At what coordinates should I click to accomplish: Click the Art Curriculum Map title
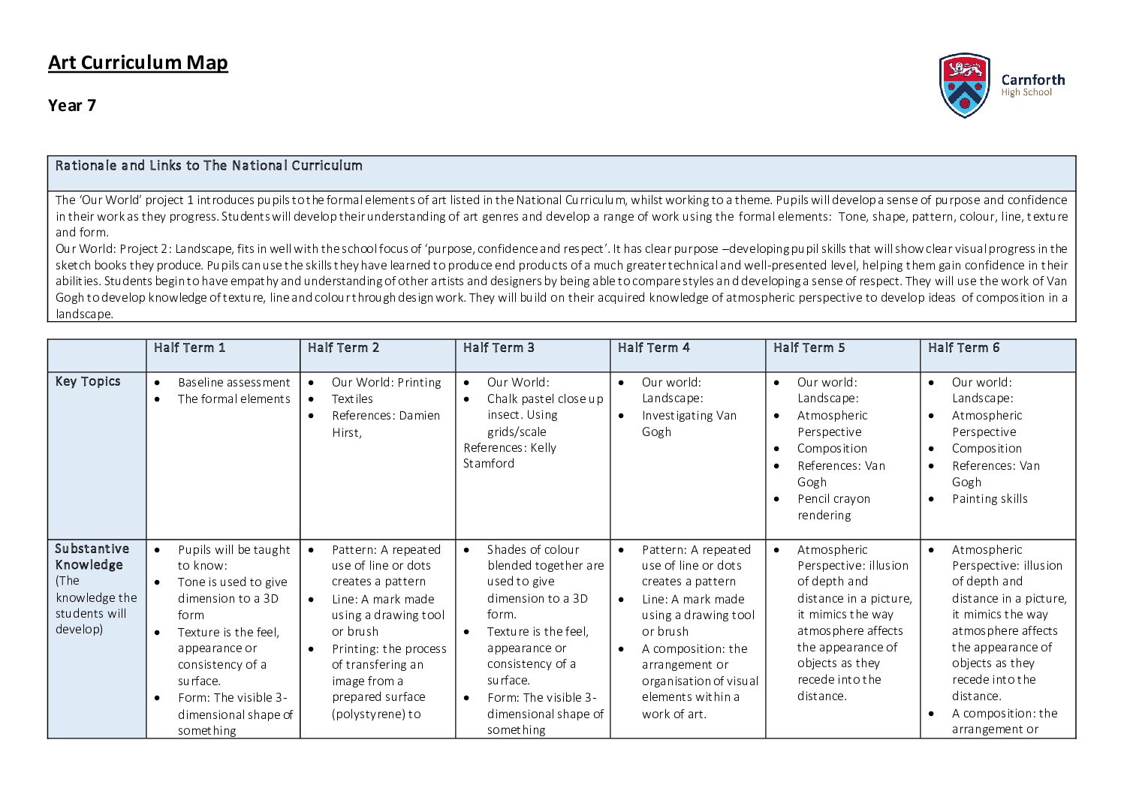137,62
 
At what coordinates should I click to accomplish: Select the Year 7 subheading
72,105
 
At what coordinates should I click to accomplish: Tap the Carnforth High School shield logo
964,85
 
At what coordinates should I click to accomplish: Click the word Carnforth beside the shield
1032,80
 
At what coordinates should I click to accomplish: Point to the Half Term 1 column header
189,347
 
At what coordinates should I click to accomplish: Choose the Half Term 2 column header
343,347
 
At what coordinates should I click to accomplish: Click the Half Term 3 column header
499,347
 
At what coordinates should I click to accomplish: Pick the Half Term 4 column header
653,347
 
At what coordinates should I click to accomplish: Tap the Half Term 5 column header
809,347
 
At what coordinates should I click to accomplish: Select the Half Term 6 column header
963,347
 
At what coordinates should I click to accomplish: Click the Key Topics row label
88,381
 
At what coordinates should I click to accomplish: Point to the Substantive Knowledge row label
92,557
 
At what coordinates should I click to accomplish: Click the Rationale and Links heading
209,165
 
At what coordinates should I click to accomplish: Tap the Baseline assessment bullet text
234,382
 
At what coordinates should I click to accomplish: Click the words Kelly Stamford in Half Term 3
509,456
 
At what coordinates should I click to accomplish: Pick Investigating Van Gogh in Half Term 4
689,423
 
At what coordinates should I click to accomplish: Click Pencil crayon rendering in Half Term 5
833,507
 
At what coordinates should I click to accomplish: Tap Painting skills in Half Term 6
990,498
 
